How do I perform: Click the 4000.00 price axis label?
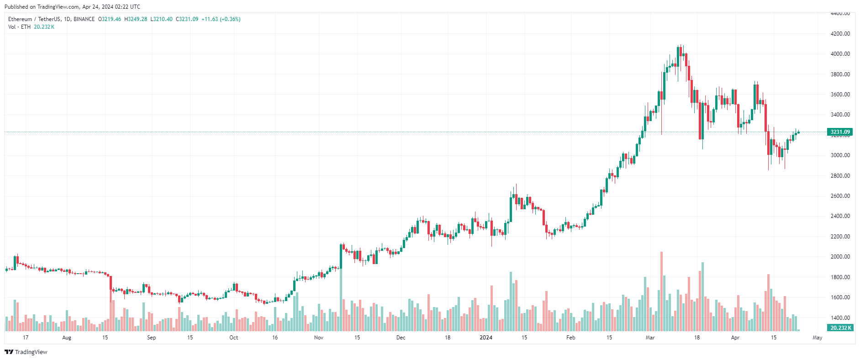(840, 54)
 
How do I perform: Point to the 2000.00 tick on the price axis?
(840, 257)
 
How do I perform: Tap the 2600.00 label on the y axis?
(840, 196)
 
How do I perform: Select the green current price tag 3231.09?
(840, 132)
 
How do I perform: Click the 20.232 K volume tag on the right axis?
(840, 328)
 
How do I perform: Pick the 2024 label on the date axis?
(486, 338)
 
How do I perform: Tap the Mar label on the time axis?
(650, 338)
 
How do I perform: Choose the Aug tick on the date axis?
(67, 338)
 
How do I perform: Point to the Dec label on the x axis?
(401, 338)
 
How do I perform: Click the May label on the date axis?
(817, 338)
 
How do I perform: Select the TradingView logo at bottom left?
(26, 352)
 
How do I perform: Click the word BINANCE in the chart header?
(84, 19)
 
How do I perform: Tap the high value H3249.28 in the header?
(136, 19)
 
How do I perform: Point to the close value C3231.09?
(187, 19)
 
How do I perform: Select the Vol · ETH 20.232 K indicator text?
(31, 27)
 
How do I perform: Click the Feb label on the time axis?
(570, 338)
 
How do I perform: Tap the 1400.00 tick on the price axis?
(840, 318)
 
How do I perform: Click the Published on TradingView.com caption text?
(72, 7)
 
